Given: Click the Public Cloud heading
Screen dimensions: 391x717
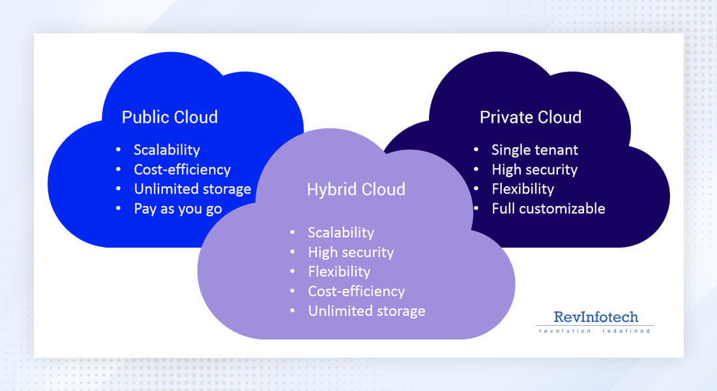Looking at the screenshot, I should click(169, 117).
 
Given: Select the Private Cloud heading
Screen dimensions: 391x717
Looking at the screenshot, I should click(531, 117).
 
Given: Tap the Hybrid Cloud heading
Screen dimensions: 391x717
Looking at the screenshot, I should click(356, 189).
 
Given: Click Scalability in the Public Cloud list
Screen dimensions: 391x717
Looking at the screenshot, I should click(167, 150).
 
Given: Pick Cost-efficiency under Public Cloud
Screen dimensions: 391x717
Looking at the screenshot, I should click(183, 169).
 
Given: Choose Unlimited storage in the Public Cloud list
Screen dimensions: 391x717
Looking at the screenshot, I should click(192, 189).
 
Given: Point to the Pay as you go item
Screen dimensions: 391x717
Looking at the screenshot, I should click(178, 209).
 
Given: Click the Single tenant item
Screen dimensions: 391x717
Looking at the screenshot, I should click(534, 150).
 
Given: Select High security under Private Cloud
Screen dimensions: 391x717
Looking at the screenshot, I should click(534, 169).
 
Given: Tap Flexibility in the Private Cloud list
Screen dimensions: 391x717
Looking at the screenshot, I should click(523, 189).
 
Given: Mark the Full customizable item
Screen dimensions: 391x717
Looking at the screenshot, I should click(548, 209).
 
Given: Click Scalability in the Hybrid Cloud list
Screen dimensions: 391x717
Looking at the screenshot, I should click(341, 233).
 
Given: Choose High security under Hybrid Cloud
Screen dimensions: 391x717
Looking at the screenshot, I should click(351, 252).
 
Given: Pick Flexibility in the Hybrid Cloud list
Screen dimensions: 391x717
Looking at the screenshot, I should click(339, 272).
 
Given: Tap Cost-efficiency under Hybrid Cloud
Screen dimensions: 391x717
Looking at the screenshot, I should click(357, 291).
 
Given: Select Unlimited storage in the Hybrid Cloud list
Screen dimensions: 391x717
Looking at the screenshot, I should click(366, 311).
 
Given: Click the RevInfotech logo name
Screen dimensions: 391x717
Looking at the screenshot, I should click(596, 317).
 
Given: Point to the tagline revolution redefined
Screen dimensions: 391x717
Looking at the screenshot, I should click(594, 331).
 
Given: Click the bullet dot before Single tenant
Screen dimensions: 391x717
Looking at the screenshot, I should click(477, 150).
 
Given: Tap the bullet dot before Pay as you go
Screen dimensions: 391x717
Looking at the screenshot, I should click(119, 209).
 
